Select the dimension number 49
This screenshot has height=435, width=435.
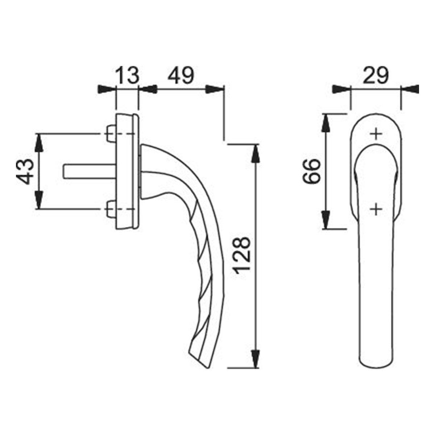tap(181, 75)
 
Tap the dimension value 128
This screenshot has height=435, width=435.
tap(243, 255)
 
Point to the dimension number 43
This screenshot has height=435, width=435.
tap(25, 171)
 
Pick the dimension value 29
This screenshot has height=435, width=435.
tap(376, 75)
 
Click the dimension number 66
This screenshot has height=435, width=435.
tap(311, 171)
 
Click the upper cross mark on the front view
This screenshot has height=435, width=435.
tap(376, 134)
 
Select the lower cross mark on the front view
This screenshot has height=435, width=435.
tap(376, 209)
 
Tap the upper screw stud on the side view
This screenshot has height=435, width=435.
tap(111, 134)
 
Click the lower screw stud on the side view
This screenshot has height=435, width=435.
tap(111, 209)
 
